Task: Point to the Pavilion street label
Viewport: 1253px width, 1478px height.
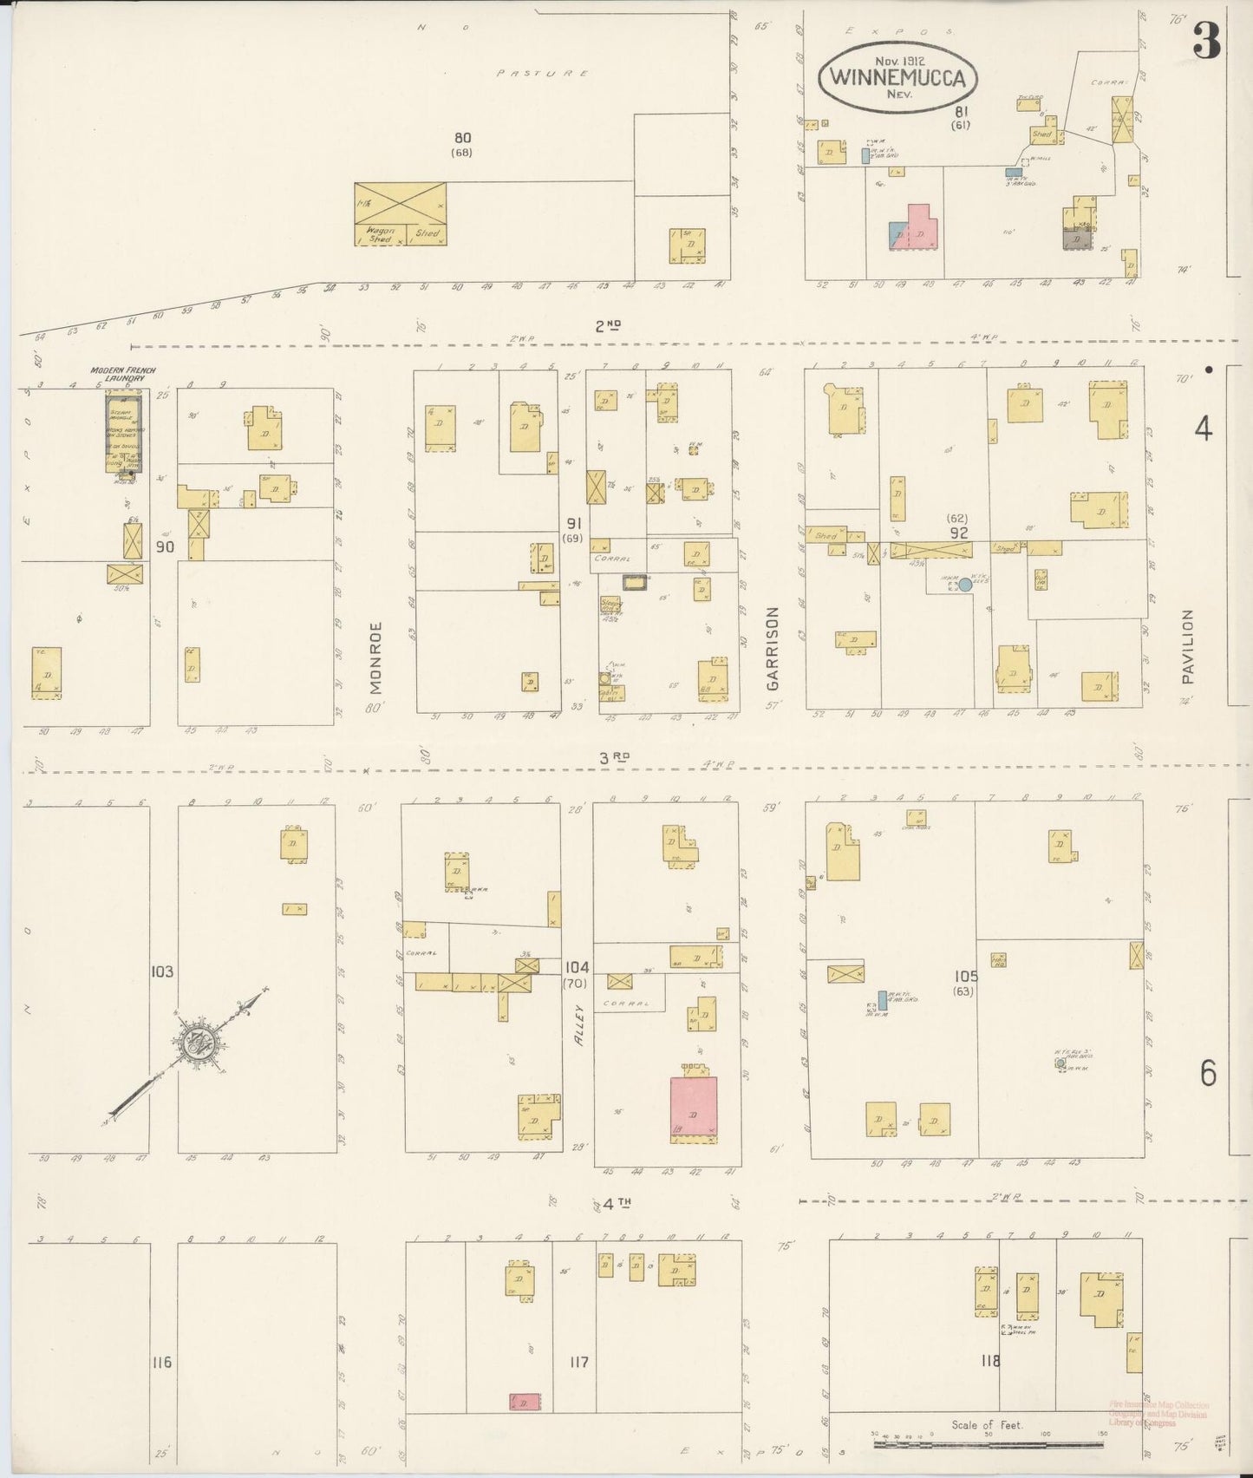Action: [1187, 647]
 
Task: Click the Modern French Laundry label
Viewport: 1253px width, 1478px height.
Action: [123, 375]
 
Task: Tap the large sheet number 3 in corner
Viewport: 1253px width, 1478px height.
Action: [1206, 40]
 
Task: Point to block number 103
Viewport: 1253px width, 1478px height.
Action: [161, 971]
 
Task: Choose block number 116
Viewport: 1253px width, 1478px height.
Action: [161, 1363]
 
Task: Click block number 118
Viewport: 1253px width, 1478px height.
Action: [990, 1361]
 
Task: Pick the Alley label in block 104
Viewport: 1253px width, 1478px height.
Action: [580, 1023]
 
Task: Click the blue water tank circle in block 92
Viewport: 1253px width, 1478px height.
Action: [964, 586]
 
